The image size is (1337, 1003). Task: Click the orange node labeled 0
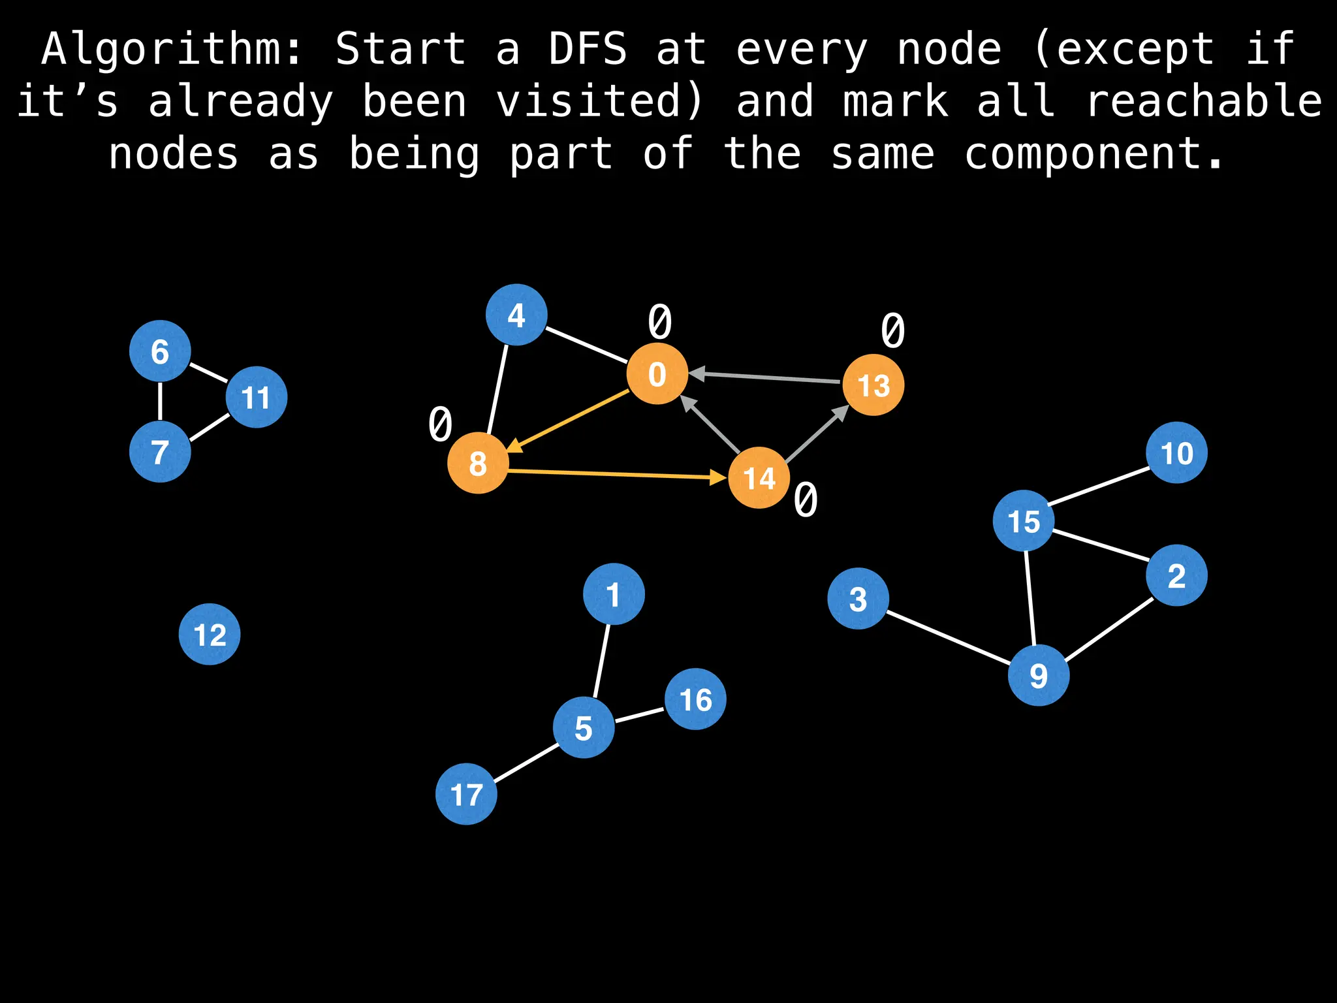tap(657, 374)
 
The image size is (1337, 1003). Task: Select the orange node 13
tap(873, 385)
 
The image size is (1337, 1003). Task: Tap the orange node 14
tap(759, 478)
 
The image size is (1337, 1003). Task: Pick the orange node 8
tap(478, 463)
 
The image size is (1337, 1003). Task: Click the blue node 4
tap(516, 315)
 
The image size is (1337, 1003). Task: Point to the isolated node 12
tap(210, 634)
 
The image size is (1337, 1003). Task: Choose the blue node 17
tap(466, 794)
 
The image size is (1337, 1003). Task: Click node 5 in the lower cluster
tap(584, 727)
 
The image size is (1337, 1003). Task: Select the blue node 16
tap(695, 699)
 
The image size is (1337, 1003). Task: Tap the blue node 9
tap(1038, 675)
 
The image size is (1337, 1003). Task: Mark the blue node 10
tap(1176, 453)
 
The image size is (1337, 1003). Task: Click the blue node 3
tap(858, 598)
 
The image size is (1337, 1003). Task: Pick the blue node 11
tap(257, 397)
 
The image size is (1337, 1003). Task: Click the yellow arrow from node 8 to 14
tap(617, 474)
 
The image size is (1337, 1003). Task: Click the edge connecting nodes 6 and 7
tap(160, 402)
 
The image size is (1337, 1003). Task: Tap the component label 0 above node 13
tap(892, 330)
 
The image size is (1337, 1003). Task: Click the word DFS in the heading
tap(588, 49)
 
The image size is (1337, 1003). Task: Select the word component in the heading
tap(1093, 154)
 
